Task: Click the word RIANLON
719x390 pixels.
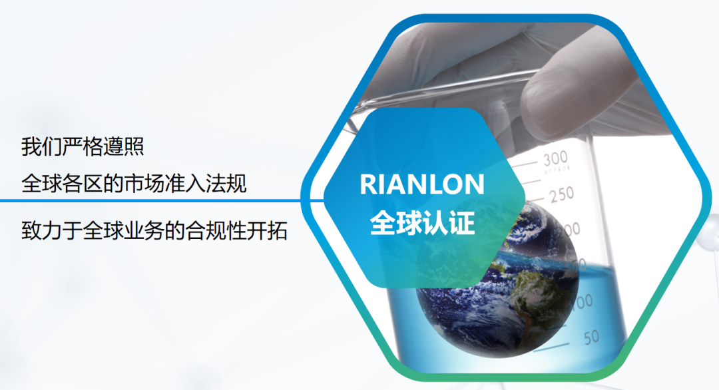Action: tap(422, 184)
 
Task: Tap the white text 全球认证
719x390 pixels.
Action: tap(422, 223)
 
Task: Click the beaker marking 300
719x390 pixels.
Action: tap(555, 159)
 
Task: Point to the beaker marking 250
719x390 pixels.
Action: tap(562, 195)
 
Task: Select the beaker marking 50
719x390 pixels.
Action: tap(592, 337)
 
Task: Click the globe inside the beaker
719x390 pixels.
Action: tap(497, 280)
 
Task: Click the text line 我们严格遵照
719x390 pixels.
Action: tap(83, 146)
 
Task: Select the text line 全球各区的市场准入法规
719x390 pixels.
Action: tap(134, 184)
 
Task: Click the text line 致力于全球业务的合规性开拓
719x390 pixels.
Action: tap(154, 230)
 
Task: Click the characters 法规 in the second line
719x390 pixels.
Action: tap(226, 184)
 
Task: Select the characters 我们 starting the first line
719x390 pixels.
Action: tap(42, 146)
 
